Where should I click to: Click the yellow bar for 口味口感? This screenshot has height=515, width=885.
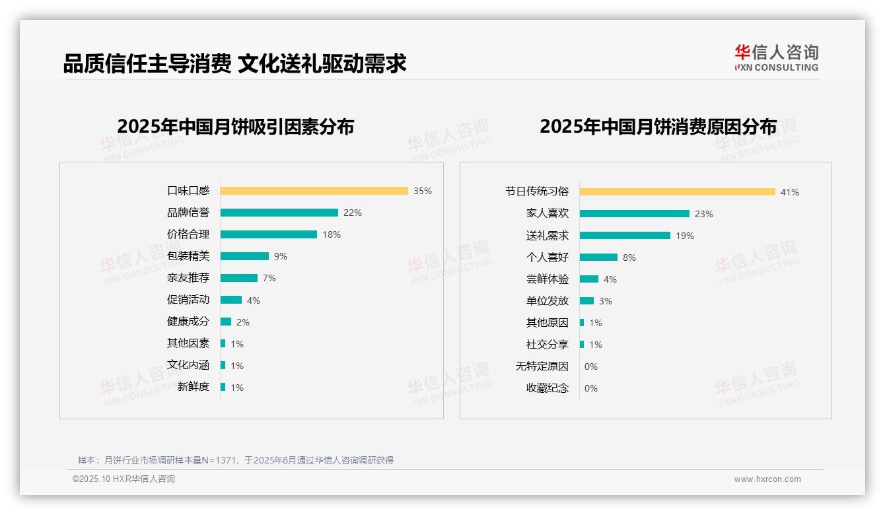(314, 191)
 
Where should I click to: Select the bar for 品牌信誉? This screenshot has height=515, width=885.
(279, 213)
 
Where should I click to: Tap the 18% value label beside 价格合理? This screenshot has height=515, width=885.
(332, 234)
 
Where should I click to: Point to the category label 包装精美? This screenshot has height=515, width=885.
(188, 256)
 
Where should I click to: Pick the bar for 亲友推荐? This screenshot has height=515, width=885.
(238, 278)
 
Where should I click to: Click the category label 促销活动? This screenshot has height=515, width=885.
(188, 300)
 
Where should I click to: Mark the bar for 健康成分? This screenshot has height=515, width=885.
(226, 322)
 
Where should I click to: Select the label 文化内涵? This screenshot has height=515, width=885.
(188, 365)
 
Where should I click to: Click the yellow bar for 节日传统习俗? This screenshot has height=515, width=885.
(677, 191)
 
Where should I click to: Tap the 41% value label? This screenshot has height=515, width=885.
(790, 192)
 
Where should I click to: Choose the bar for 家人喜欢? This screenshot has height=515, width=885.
(634, 213)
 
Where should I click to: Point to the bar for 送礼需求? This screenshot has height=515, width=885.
(625, 235)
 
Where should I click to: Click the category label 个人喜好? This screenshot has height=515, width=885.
(547, 257)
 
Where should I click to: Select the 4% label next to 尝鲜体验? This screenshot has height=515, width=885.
(610, 279)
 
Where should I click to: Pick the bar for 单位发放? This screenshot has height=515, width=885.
(586, 300)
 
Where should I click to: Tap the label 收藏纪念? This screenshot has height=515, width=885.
(547, 388)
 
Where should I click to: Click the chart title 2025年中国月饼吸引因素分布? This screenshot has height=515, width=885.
(236, 126)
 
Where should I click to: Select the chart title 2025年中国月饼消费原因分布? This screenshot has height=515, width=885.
(658, 126)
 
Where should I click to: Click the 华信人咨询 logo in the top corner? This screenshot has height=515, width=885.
(776, 57)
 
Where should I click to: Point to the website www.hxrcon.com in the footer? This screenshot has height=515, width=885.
(767, 479)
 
